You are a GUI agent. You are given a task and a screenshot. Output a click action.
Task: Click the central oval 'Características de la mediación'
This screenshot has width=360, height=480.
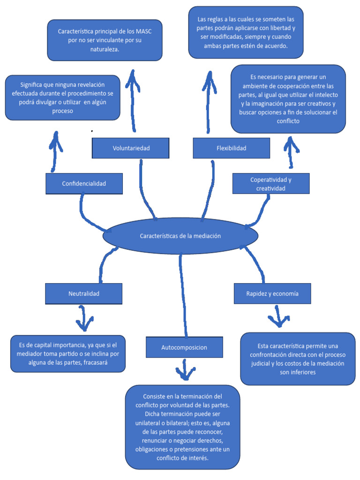(180, 236)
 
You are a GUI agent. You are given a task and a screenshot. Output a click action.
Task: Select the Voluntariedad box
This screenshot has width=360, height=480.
(131, 148)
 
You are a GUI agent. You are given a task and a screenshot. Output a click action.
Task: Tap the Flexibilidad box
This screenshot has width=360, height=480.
(231, 148)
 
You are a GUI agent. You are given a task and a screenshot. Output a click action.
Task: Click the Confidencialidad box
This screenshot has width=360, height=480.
(84, 184)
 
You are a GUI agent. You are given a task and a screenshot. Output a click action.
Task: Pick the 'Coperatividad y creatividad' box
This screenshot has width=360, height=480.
(271, 184)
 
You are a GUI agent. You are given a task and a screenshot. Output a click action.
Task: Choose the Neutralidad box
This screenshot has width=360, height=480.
(83, 294)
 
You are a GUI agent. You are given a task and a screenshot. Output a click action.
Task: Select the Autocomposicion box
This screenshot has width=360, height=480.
(184, 347)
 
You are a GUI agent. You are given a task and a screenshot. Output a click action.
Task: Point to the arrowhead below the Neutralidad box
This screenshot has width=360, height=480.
(84, 323)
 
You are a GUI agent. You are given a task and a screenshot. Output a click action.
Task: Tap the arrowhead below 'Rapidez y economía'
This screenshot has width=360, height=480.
(278, 321)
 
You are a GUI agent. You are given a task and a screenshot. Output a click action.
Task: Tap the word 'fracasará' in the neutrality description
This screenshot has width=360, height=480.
(98, 363)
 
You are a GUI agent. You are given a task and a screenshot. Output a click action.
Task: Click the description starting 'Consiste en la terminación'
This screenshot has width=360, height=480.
(182, 427)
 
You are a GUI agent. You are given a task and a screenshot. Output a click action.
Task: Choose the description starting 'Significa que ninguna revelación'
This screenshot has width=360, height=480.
(62, 97)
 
